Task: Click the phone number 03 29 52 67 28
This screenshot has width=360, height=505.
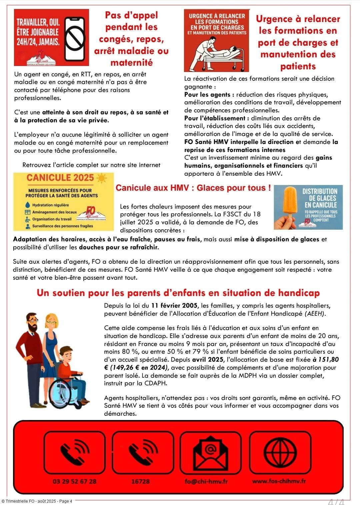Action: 75,481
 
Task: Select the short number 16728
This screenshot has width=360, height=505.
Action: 140,481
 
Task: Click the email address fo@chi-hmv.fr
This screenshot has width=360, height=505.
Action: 206,481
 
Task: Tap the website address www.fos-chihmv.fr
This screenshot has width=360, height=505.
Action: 279,481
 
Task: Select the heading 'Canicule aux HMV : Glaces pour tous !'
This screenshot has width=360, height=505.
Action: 193,188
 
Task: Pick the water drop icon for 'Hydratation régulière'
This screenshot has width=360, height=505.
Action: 28,205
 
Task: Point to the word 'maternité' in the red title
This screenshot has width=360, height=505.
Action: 131,63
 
